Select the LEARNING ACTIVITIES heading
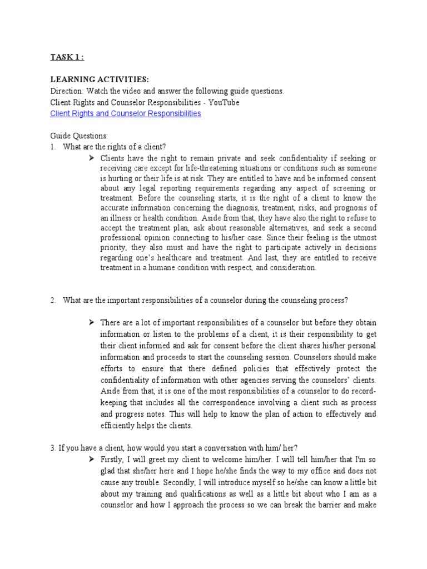[100, 79]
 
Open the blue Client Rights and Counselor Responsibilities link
[126, 113]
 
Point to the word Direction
[66, 91]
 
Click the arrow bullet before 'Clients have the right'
[92, 158]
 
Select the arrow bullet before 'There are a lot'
[92, 323]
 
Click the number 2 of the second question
[53, 301]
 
